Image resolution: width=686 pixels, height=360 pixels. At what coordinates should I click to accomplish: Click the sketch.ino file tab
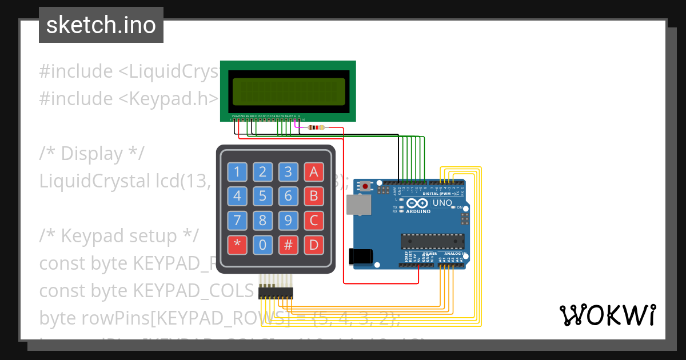coord(101,25)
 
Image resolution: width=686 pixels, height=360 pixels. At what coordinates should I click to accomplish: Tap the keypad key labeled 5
coord(263,196)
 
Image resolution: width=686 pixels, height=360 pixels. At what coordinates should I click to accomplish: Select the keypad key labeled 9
coord(288,221)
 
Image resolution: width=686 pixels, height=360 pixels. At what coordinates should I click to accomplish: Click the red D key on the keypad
coord(313,245)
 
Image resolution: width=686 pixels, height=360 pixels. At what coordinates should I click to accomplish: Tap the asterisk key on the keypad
coord(238,245)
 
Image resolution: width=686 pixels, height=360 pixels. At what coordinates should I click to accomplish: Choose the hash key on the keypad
coord(288,245)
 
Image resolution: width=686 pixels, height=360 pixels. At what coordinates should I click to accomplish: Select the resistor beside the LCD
coord(316,127)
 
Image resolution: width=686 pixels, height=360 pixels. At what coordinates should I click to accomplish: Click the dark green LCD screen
coord(288,91)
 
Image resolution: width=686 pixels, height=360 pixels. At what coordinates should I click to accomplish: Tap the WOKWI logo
coord(607,315)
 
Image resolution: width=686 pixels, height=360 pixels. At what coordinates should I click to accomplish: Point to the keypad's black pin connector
coord(276,293)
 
